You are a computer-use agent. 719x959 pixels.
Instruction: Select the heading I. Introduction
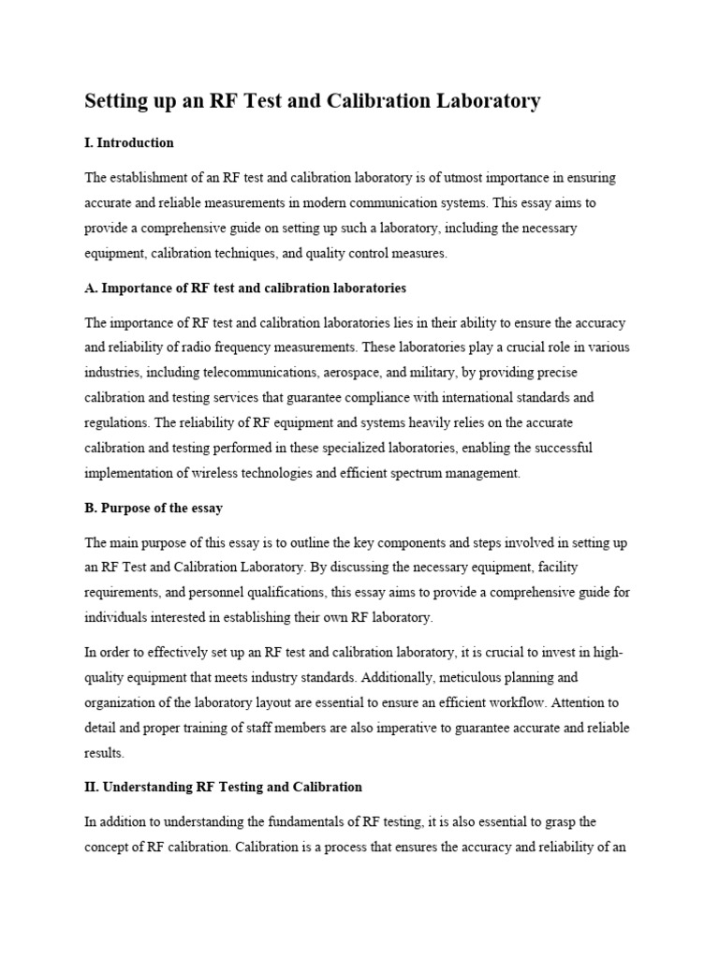[129, 143]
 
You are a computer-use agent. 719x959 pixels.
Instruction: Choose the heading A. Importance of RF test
[245, 288]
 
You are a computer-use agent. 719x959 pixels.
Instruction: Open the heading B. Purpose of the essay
[154, 508]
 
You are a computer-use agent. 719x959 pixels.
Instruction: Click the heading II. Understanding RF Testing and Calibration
[223, 787]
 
